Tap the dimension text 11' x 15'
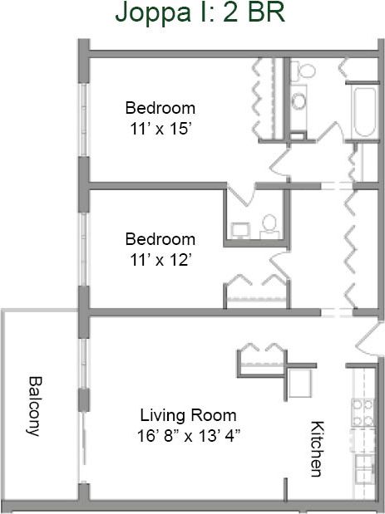[160, 128]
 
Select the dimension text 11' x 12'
[160, 258]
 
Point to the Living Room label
[188, 415]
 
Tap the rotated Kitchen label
[317, 449]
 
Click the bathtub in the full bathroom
[363, 112]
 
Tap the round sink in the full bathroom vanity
[299, 102]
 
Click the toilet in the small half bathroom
[269, 223]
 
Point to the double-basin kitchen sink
[364, 468]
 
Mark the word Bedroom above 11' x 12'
[160, 239]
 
